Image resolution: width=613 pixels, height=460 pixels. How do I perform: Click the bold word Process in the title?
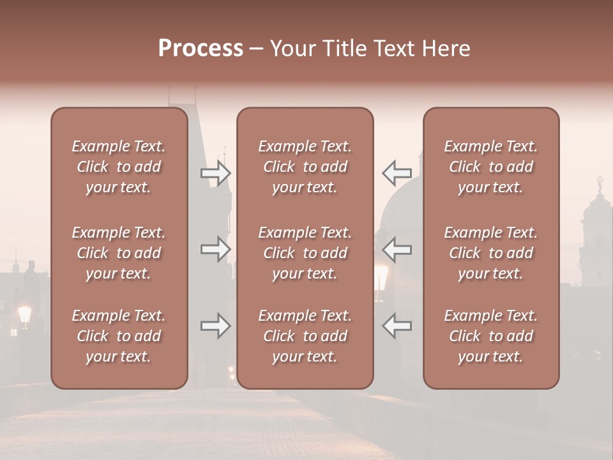(x=201, y=49)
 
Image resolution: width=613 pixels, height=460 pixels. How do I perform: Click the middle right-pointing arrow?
(x=215, y=249)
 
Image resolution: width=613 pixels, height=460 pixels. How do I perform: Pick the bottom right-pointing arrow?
(x=215, y=326)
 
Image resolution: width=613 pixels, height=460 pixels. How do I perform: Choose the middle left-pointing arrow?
(x=397, y=249)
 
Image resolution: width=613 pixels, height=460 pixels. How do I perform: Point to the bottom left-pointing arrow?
(x=397, y=326)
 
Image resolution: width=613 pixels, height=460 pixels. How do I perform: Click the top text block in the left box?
(x=119, y=167)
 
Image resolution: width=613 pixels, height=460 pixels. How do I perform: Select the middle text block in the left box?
(x=119, y=253)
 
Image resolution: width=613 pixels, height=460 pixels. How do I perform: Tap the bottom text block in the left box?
(x=119, y=336)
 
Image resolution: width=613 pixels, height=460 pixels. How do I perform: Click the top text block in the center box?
(x=305, y=167)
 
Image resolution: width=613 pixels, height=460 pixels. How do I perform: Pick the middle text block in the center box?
(x=305, y=253)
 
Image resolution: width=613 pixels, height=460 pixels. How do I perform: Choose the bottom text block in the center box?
(x=305, y=336)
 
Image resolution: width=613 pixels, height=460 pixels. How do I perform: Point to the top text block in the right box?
(x=490, y=167)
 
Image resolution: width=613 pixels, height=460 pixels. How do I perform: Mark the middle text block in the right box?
(x=490, y=253)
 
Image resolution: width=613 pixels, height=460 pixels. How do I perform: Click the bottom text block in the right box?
(x=490, y=336)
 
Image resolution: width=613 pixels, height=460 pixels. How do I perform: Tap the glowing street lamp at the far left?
(x=25, y=314)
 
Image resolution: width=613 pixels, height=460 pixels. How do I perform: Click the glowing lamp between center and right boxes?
(x=381, y=276)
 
